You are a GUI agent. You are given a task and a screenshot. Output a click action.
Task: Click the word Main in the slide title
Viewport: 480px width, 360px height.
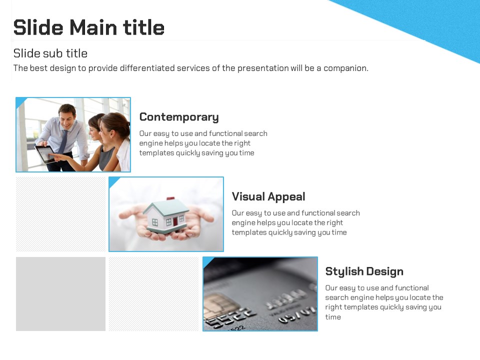(93, 27)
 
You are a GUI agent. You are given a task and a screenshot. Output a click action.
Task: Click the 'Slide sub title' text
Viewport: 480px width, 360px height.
(50, 53)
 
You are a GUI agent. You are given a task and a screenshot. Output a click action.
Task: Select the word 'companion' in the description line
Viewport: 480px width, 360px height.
(346, 68)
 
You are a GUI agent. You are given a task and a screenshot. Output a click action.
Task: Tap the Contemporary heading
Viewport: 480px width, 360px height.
(179, 117)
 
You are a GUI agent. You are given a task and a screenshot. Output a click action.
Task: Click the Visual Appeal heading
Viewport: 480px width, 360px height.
(268, 196)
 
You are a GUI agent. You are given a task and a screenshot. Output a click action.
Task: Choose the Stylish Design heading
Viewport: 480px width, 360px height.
(364, 271)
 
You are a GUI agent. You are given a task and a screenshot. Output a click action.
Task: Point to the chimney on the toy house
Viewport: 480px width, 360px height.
(170, 198)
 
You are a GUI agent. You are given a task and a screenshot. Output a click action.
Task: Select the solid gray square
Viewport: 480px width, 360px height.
(60, 294)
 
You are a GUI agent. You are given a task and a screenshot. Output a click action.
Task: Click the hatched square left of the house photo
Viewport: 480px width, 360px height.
(60, 214)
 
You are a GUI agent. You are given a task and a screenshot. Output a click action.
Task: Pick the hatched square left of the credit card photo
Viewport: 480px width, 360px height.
(153, 294)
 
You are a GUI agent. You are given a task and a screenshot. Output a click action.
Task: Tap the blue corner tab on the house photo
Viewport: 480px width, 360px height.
(113, 181)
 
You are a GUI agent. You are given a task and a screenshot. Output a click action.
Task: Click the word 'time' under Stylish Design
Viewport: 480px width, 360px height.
(333, 317)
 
